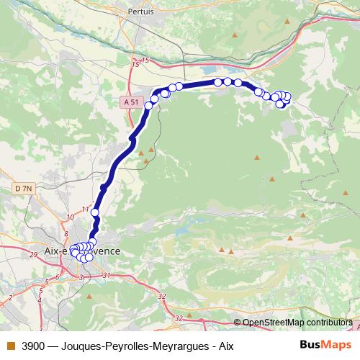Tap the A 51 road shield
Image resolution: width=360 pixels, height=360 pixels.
coord(130,103)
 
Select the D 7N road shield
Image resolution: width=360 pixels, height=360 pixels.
coord(24,189)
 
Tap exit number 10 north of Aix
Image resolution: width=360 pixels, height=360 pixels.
coord(70,217)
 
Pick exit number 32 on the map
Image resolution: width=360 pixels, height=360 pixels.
coord(161,296)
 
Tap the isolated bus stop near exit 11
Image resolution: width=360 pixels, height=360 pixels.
coord(94,212)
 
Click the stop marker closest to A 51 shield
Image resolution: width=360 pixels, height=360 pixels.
coord(149,106)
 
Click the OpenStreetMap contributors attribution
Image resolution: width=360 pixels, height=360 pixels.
coord(297,323)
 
